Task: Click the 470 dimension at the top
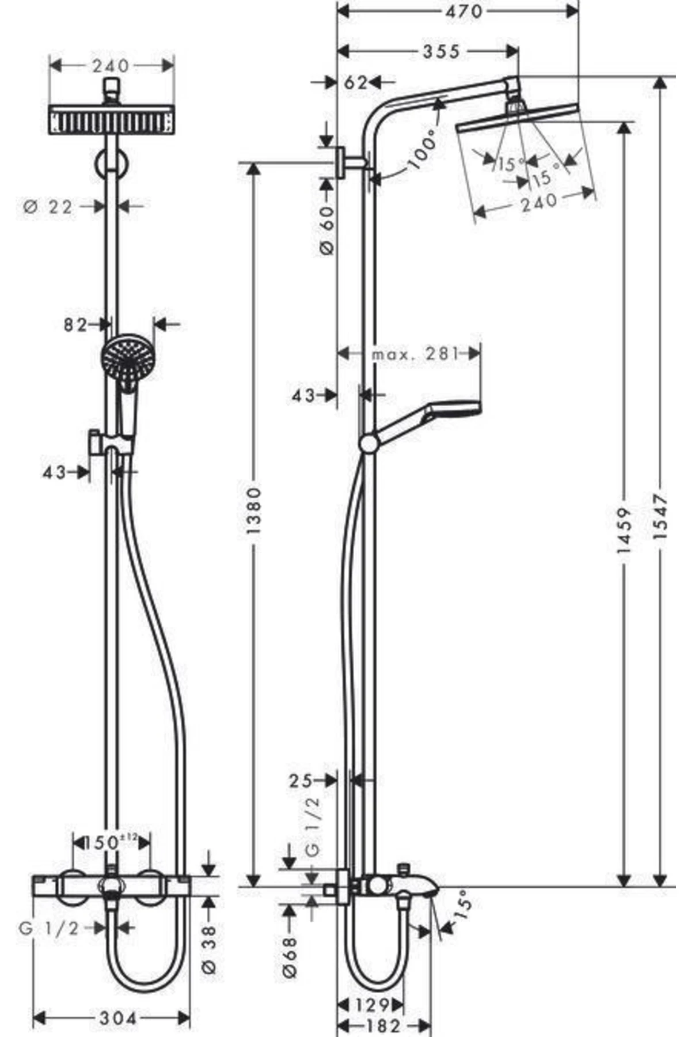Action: (464, 11)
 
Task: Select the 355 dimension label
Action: (442, 52)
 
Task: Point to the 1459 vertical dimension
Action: (624, 530)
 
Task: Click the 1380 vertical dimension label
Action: (254, 510)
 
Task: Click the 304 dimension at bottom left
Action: (119, 1019)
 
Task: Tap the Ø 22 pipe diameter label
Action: (48, 207)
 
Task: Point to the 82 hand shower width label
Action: (75, 326)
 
